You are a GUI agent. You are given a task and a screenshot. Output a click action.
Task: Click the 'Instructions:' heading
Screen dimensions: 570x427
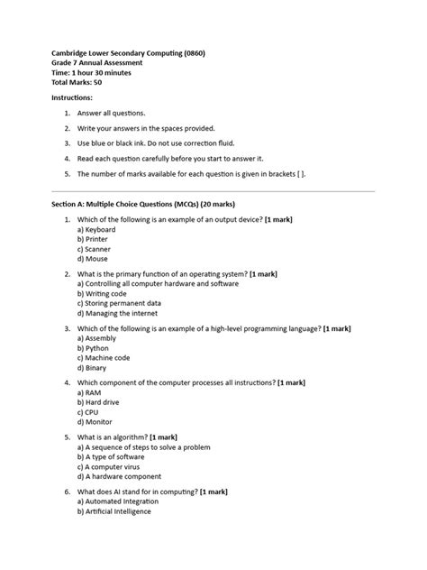click(x=71, y=97)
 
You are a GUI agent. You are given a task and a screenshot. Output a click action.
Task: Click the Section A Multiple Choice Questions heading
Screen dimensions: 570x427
click(x=168, y=206)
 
